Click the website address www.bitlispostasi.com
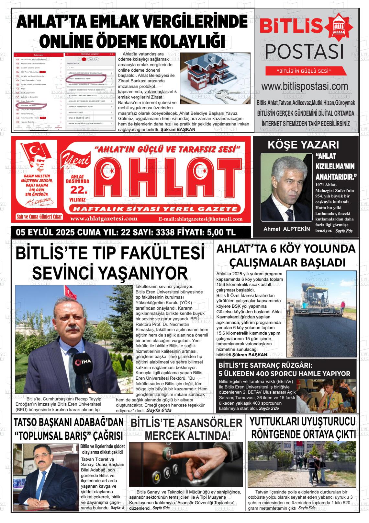pyautogui.click(x=305, y=86)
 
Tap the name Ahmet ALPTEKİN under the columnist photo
pyautogui.click(x=286, y=229)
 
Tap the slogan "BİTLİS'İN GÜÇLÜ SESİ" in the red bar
pyautogui.click(x=304, y=71)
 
